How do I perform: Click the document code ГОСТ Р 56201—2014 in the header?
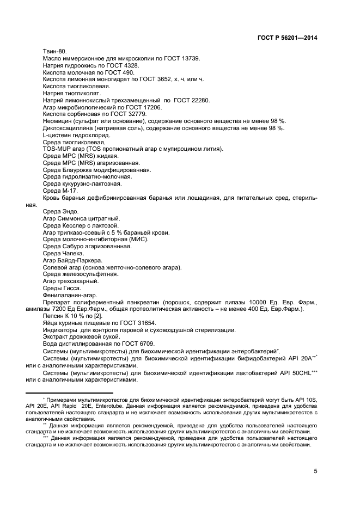coord(287,38)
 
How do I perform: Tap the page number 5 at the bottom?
coord(315,471)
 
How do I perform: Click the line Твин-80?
coord(53,51)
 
